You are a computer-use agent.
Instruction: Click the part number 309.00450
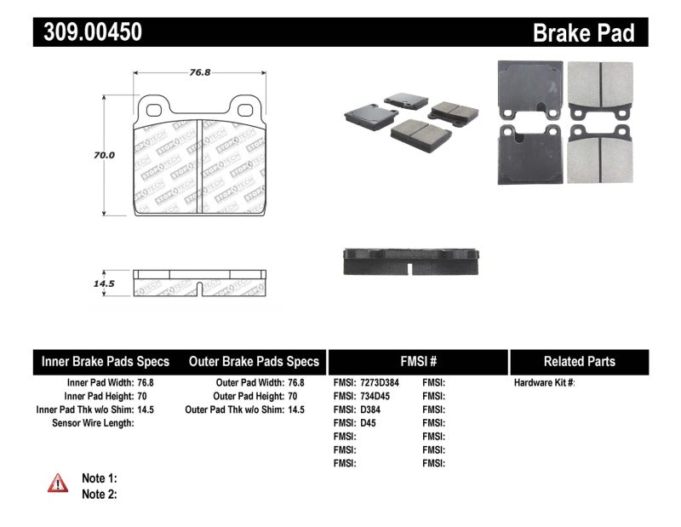tap(88, 32)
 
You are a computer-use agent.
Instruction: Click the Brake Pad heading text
tap(583, 32)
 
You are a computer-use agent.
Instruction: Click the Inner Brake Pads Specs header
tap(106, 361)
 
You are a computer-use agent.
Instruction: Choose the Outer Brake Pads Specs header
tap(253, 361)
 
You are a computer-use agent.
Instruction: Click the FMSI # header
tap(417, 361)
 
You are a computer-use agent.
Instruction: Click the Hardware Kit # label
tap(544, 383)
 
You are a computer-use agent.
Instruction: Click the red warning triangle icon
tap(58, 483)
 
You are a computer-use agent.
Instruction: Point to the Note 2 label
tap(99, 494)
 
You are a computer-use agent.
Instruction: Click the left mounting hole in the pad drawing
tap(156, 107)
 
